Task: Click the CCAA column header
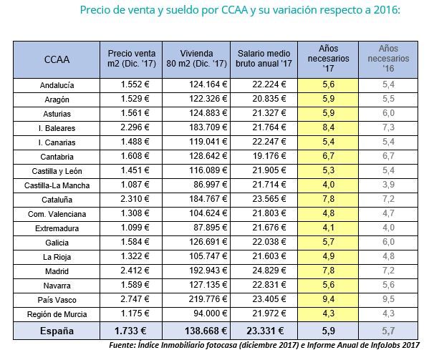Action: coord(57,59)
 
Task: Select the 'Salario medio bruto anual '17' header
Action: coord(264,59)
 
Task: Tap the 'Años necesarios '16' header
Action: coord(388,59)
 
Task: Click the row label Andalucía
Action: coord(57,85)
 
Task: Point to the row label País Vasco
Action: coord(57,300)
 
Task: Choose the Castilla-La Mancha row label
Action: coord(57,185)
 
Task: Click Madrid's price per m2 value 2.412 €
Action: coord(135,271)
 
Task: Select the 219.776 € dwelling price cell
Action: coord(208,299)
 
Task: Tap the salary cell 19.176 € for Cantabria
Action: coord(269,156)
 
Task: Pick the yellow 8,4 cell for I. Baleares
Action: coord(328,127)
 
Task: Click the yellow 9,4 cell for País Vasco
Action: coord(328,299)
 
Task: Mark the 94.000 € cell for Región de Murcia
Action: coord(211,313)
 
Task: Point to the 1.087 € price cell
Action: coord(135,185)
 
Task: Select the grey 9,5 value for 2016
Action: coord(388,299)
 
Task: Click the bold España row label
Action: coord(57,331)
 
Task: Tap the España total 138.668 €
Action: coord(206,331)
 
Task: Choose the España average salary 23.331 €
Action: coord(265,331)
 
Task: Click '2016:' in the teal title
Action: coord(387,10)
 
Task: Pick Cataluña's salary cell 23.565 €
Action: coord(269,199)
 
